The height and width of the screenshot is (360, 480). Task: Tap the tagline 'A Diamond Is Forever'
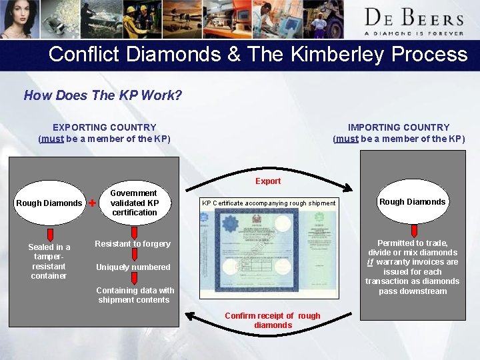tap(413, 33)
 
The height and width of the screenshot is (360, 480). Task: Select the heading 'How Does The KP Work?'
tap(103, 95)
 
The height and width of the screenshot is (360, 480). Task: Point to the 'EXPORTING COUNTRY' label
tap(105, 127)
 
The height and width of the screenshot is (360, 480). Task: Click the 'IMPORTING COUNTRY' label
tap(399, 127)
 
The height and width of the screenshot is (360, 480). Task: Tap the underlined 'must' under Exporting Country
tap(52, 139)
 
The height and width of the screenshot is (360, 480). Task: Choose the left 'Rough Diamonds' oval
tap(49, 203)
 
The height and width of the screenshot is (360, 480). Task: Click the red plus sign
tap(92, 203)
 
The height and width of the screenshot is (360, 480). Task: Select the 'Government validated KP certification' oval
tap(134, 203)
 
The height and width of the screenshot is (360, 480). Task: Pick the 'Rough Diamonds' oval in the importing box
tap(412, 201)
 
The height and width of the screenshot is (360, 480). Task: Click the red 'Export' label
tap(268, 181)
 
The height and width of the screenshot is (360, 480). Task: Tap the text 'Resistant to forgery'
tap(133, 244)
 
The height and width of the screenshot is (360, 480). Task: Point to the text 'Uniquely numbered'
tap(133, 267)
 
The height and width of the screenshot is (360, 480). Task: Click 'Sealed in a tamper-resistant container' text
tap(49, 261)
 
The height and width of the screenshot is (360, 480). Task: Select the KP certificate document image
tap(268, 251)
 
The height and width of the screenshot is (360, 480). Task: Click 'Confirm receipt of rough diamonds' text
tap(272, 320)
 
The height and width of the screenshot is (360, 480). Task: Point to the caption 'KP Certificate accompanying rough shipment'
tap(269, 203)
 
